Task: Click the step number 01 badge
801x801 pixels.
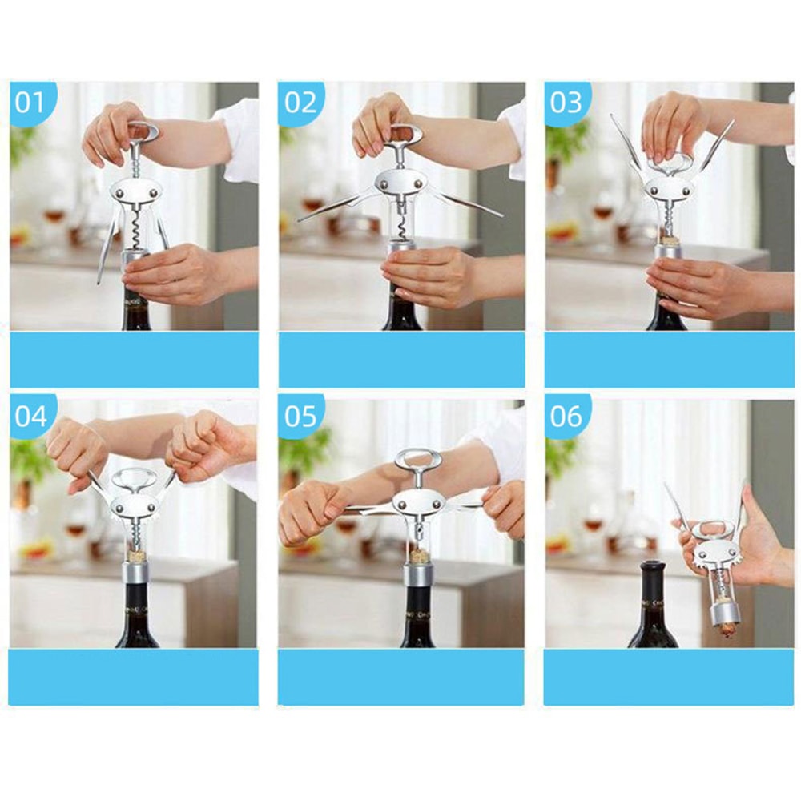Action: [30, 102]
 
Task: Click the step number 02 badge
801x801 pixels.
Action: [300, 102]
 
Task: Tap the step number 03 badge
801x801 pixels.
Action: [566, 102]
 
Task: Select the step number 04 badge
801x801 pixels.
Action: [30, 417]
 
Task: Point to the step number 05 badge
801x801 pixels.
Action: [300, 417]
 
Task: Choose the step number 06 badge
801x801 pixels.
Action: [566, 417]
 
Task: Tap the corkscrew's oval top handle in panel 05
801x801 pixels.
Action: [417, 461]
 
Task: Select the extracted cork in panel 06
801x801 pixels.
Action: [725, 628]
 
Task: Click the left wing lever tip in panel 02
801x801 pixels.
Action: [304, 218]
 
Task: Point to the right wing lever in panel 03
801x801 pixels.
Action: [717, 144]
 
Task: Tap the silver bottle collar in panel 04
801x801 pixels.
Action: [137, 573]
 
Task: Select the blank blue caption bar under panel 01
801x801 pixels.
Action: [134, 359]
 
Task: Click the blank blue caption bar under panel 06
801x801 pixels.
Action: [668, 677]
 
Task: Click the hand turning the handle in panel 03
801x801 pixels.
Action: [673, 124]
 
